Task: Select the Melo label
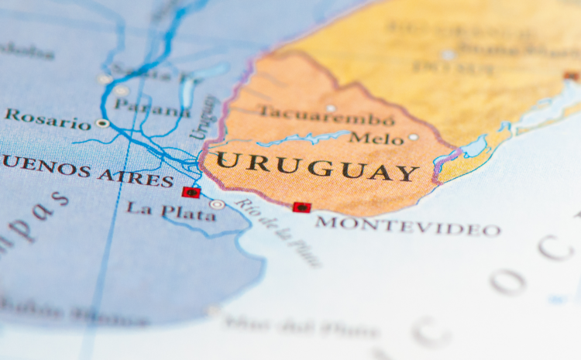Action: pyautogui.click(x=376, y=139)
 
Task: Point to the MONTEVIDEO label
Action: pyautogui.click(x=407, y=225)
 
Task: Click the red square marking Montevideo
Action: pyautogui.click(x=301, y=207)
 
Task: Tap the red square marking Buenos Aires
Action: pyautogui.click(x=191, y=192)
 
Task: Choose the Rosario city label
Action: pyautogui.click(x=47, y=120)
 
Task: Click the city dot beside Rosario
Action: pyautogui.click(x=102, y=123)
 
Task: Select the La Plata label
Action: pyautogui.click(x=171, y=210)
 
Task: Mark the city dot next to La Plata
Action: pyautogui.click(x=217, y=204)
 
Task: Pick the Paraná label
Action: pyautogui.click(x=153, y=109)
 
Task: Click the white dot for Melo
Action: pyautogui.click(x=414, y=137)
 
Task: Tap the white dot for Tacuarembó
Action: pyautogui.click(x=331, y=108)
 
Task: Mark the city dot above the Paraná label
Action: pyautogui.click(x=122, y=91)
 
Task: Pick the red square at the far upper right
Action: pyautogui.click(x=572, y=76)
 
